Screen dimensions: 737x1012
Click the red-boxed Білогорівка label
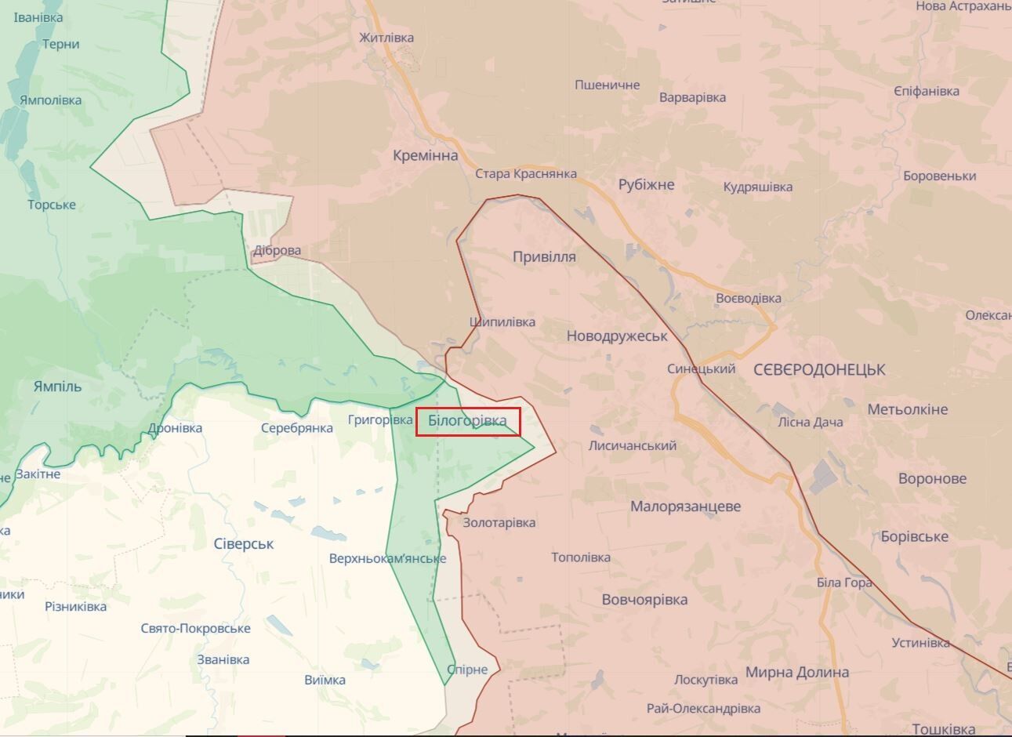[467, 422]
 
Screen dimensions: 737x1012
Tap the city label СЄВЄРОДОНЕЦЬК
[819, 369]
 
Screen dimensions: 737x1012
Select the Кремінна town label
[425, 155]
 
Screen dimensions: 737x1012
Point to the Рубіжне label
[646, 185]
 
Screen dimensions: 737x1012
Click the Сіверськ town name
[243, 543]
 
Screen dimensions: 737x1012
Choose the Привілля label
[544, 256]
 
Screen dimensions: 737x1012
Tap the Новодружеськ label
[617, 336]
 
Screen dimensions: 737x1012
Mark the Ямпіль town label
[57, 386]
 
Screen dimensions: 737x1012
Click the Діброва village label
[277, 251]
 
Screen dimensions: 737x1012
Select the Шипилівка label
[502, 321]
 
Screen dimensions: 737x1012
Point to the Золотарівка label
[499, 522]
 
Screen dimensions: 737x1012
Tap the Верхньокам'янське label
[387, 558]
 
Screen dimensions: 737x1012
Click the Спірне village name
[467, 670]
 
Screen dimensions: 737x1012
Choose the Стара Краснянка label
[526, 174]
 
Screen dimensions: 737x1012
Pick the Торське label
[52, 205]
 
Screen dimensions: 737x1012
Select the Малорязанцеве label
[685, 506]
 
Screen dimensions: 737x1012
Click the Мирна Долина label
[796, 672]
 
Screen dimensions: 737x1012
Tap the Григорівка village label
[380, 420]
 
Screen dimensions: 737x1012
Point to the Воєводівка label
[748, 298]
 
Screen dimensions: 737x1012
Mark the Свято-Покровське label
[196, 628]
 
